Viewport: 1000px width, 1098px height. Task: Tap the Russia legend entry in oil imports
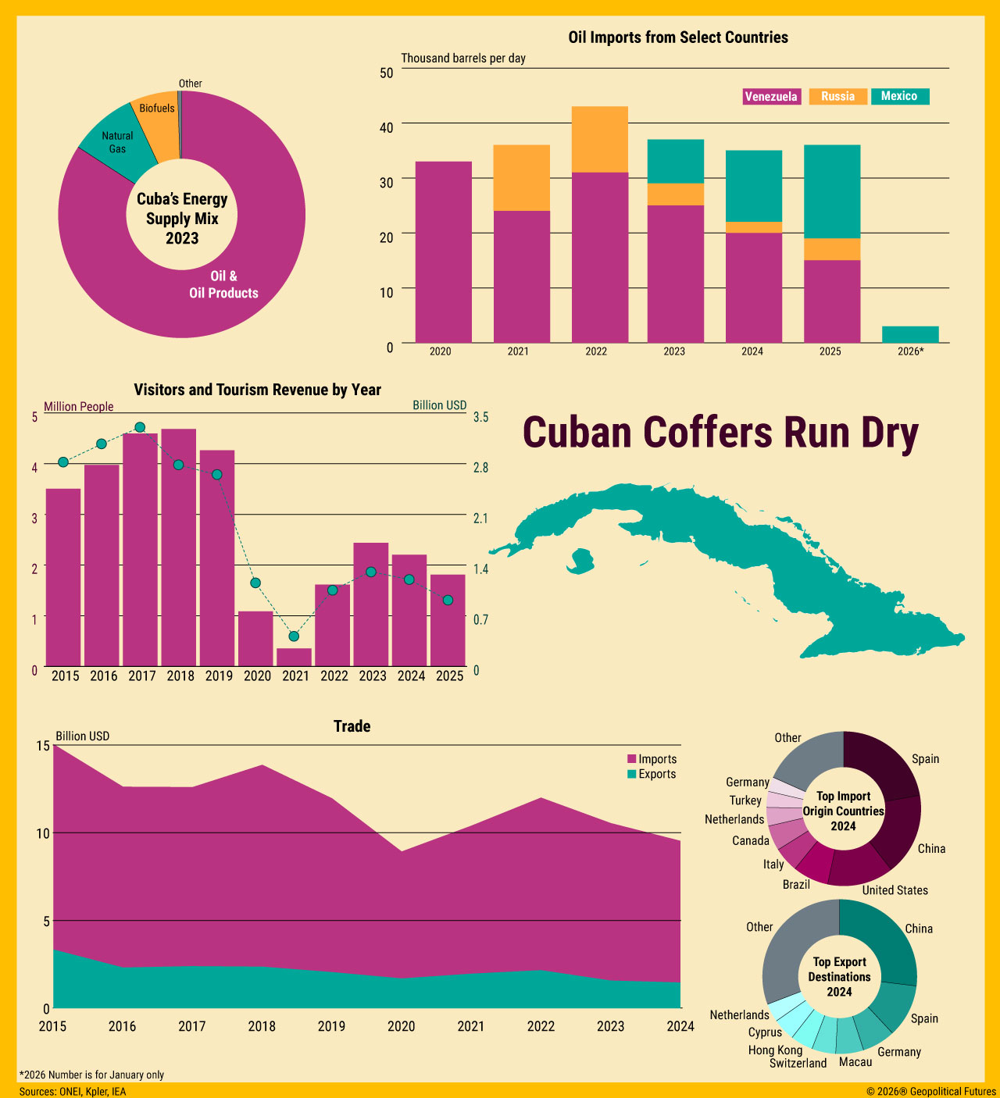point(837,97)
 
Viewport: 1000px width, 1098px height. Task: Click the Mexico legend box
point(899,96)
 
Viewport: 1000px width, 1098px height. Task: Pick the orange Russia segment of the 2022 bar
point(599,139)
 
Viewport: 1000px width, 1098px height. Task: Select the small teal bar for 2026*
point(910,334)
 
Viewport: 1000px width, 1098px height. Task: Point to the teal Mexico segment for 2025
point(832,191)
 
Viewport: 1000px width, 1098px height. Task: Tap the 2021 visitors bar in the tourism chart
point(294,657)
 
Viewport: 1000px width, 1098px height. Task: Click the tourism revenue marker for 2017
point(140,427)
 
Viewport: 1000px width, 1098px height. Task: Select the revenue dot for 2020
point(255,583)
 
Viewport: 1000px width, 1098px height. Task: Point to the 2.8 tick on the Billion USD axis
point(480,467)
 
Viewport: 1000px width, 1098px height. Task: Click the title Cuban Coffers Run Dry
point(720,433)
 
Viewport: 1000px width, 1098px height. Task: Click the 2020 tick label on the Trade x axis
point(402,1026)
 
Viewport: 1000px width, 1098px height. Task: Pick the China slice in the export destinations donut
point(883,940)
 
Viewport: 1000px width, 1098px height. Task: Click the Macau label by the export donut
point(855,1062)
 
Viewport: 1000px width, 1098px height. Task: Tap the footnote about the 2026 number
point(91,1075)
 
